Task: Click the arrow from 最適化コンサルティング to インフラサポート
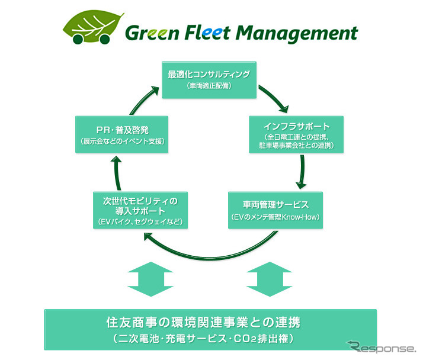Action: click(272, 98)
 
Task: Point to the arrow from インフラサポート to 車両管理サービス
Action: click(302, 172)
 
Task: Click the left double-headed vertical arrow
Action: click(149, 279)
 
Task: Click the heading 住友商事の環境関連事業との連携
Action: click(210, 323)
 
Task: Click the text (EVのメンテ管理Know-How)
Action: click(275, 218)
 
